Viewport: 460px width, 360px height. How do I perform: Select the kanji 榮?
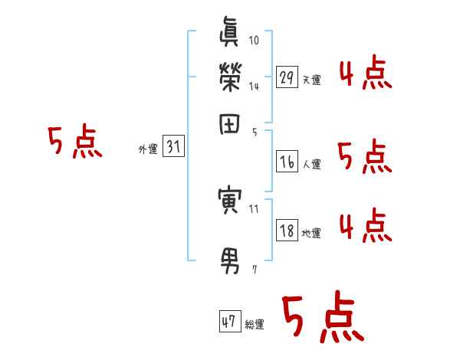tap(231, 78)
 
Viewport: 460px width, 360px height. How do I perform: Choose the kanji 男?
tap(231, 261)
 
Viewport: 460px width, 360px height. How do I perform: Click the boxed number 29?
tap(287, 77)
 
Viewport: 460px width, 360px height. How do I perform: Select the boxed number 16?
tap(287, 162)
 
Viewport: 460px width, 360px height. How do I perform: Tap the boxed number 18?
tap(287, 231)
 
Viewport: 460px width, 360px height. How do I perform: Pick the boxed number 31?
tap(174, 148)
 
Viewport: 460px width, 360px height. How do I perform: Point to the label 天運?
tap(311, 80)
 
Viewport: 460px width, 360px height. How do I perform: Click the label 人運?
tap(311, 164)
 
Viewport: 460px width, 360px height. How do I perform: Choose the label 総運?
tap(255, 325)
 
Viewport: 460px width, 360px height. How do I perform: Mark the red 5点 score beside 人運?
tap(365, 157)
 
